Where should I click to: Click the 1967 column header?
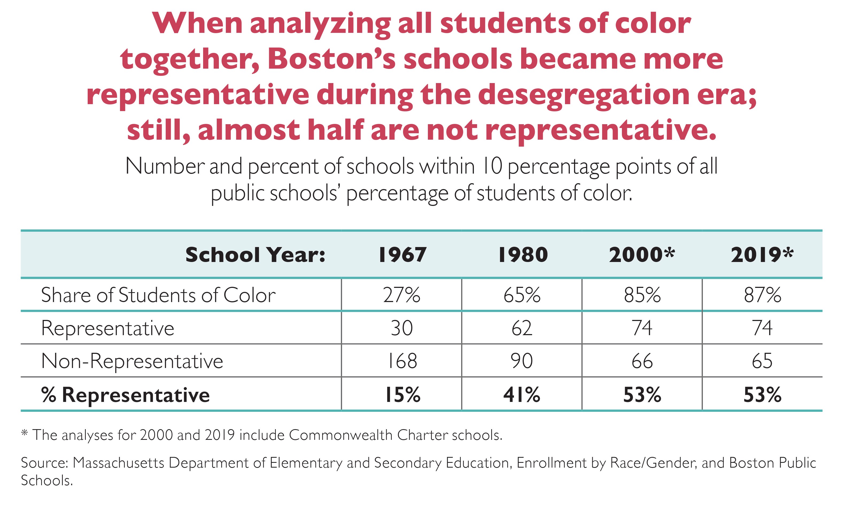[x=402, y=255]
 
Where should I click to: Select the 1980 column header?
[x=523, y=255]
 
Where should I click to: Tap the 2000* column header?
[x=642, y=255]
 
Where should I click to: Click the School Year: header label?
[x=255, y=255]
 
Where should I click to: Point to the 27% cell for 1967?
[x=402, y=295]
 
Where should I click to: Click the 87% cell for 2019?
[x=762, y=295]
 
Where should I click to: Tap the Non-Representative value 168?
[x=402, y=361]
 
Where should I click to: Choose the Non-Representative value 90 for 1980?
[x=522, y=361]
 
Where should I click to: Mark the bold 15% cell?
[x=402, y=395]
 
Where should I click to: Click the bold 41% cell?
[x=522, y=395]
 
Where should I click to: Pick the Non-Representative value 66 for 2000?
[x=642, y=361]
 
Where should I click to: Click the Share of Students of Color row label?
[x=158, y=295]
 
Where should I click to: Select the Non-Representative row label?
[x=132, y=361]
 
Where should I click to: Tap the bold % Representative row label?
[x=125, y=395]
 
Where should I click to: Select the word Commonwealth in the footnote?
[x=340, y=435]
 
